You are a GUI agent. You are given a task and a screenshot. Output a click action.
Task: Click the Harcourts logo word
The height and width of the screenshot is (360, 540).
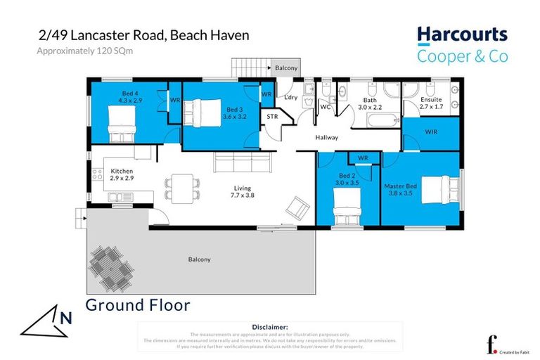point(461,34)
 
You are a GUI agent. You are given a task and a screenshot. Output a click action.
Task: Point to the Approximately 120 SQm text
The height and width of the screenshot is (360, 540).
point(75,52)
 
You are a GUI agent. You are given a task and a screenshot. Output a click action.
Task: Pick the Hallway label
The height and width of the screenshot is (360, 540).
point(327,138)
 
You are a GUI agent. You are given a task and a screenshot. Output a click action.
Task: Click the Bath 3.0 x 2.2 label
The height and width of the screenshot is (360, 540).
point(370,104)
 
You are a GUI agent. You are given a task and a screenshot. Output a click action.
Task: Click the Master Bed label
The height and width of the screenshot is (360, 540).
point(399,186)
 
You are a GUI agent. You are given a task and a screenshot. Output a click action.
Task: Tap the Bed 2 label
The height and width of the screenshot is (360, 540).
point(348,178)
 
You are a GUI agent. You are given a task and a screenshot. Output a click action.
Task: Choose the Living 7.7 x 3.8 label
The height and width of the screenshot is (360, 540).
point(243,191)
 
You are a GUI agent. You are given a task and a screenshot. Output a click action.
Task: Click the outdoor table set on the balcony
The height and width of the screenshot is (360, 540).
point(110,269)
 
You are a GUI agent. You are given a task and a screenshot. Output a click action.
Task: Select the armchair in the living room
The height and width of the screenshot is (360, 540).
point(298,205)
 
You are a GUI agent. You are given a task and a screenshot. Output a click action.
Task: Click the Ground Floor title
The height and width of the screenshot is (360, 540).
point(138,305)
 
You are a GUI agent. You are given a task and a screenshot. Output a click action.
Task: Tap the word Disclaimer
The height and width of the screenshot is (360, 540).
point(269,327)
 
